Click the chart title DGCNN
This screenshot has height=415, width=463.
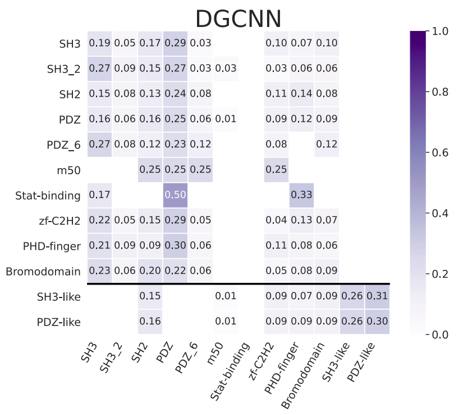238,19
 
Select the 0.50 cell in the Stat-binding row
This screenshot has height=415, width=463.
175,196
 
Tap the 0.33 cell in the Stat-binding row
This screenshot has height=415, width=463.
301,196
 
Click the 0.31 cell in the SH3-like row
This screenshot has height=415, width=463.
377,296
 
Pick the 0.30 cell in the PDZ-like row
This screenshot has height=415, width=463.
377,322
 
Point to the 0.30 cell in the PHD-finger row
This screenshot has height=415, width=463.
175,246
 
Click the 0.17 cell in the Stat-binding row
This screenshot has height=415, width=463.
99,196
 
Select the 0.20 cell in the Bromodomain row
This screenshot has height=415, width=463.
150,272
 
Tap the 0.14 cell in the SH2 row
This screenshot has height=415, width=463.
301,94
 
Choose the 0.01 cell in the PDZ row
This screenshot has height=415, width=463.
226,120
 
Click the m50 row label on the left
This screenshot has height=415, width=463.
69,170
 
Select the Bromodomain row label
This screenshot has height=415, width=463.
43,272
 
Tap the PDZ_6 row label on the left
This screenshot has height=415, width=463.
65,145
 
